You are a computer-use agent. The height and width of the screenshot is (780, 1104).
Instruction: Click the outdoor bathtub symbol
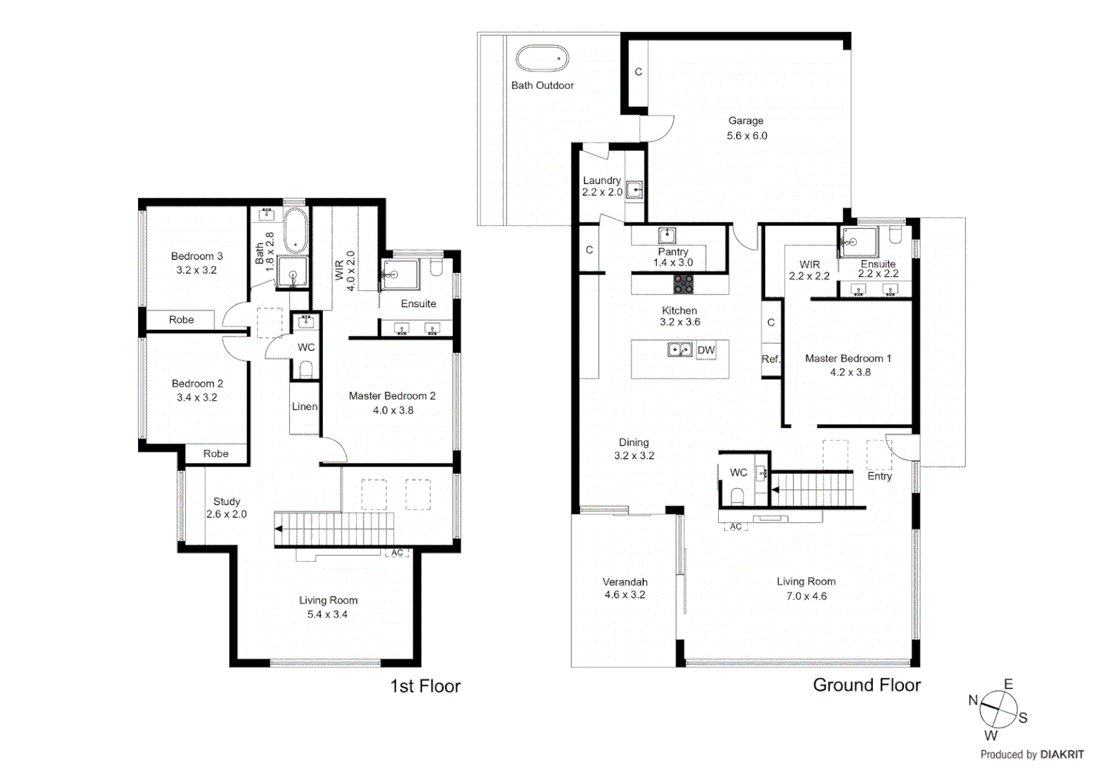(542, 58)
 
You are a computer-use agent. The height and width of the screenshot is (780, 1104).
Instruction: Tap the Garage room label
(746, 121)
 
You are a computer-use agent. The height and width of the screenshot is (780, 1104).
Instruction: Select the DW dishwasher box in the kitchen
(706, 350)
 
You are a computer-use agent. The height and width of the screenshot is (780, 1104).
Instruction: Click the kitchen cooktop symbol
(683, 284)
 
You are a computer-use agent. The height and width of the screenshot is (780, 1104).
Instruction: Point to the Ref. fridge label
(770, 359)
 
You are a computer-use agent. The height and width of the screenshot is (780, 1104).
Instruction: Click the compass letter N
(973, 700)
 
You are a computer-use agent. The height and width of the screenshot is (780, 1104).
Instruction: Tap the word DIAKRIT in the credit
(1061, 755)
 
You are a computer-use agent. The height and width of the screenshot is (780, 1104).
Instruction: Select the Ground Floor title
(866, 685)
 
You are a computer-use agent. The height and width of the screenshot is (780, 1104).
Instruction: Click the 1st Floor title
(425, 686)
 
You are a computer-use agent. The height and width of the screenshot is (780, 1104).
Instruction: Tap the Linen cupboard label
(304, 407)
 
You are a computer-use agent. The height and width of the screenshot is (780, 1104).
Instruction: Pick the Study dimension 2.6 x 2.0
(226, 514)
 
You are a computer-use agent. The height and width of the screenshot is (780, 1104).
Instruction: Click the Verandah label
(625, 581)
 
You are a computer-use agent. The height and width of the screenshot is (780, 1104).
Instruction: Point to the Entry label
(879, 476)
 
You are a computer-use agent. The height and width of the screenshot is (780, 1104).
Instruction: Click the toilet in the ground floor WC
(738, 495)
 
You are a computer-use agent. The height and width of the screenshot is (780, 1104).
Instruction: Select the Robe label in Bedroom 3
(181, 319)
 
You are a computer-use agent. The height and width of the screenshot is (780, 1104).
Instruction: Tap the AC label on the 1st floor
(397, 553)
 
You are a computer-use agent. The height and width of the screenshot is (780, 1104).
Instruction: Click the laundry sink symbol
(634, 190)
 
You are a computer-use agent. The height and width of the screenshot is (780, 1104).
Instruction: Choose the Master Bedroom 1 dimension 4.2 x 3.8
(850, 373)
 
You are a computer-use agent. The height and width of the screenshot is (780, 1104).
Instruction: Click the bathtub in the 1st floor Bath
(295, 230)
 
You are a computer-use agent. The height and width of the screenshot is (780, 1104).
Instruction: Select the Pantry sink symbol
(666, 235)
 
